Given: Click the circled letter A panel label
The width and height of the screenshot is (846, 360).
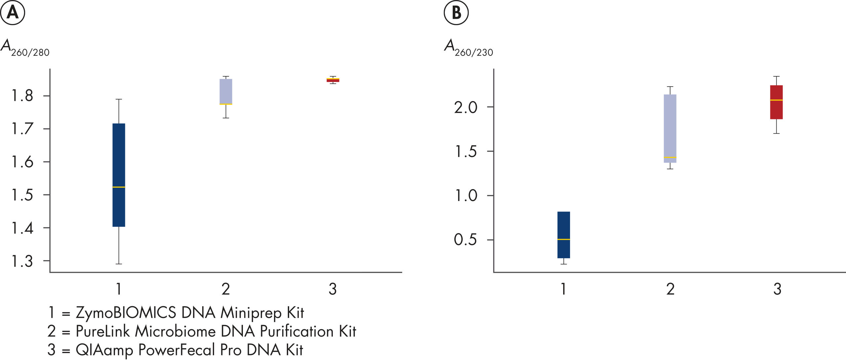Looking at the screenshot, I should point(13,13).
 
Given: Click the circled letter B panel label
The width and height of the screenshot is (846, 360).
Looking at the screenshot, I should point(456,13).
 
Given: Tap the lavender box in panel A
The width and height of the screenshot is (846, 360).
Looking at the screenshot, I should point(226,91).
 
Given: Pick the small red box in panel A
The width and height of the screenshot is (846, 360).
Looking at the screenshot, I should point(333,80).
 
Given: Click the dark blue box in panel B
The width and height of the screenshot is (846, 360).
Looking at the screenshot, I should point(563,225).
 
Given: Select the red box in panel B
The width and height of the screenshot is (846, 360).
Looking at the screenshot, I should point(776,109).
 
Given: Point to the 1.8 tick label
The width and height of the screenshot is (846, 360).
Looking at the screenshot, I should point(22,96).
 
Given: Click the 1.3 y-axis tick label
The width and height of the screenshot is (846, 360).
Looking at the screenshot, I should point(22,261).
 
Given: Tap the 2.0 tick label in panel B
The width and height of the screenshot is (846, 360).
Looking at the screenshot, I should point(466,107).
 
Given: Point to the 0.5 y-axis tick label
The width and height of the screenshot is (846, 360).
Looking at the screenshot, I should point(466,240).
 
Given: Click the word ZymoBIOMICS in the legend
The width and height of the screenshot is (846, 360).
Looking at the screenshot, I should point(126,313).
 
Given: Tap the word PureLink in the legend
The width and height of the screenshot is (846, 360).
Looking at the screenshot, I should point(103,331).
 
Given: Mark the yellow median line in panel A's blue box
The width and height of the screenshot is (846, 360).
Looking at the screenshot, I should point(119,187).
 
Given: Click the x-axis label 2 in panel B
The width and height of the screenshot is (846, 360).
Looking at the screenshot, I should point(670,289).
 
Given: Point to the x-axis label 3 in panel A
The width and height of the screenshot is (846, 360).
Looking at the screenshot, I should point(333,289).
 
